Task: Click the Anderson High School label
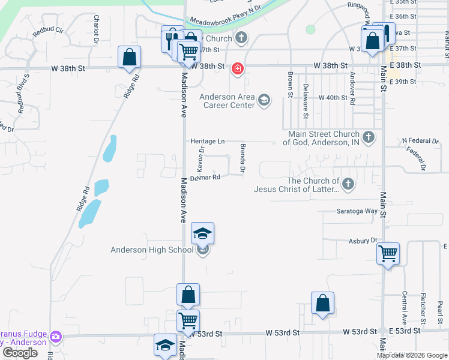point(152,250)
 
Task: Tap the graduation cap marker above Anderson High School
point(203,233)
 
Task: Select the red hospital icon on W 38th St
point(238,69)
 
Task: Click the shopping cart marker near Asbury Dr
point(388,254)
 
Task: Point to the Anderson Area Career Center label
point(227,101)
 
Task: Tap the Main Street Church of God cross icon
point(369,138)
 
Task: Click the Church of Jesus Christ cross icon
point(348,182)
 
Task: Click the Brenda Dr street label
point(243,158)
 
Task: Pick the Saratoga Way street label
point(357,211)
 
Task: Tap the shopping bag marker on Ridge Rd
point(129,58)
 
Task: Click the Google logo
point(20,353)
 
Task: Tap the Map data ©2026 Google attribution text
point(412,355)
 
